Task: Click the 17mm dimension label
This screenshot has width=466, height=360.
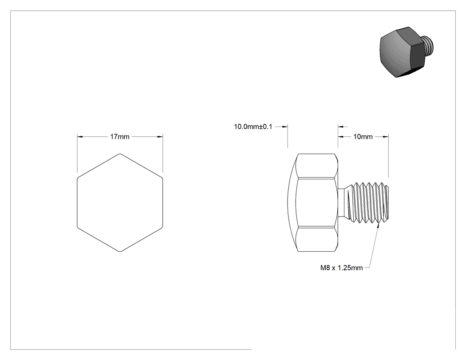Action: coord(120,137)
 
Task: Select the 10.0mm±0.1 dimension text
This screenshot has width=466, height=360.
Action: coord(253,127)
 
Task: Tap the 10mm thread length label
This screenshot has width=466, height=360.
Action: coord(363,137)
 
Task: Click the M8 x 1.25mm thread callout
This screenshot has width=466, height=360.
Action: coord(341,268)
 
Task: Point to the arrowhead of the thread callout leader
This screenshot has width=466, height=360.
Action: coord(378,226)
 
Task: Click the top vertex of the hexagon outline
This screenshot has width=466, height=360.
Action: coord(120,154)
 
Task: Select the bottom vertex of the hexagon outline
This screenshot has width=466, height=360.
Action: coord(120,252)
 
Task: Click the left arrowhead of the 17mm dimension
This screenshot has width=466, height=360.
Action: coord(79,137)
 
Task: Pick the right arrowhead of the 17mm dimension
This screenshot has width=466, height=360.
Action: coord(160,137)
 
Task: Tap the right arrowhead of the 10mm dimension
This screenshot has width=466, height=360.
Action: coord(386,137)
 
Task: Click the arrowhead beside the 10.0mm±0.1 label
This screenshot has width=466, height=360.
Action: coord(285,127)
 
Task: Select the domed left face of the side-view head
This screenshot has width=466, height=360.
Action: coord(292,202)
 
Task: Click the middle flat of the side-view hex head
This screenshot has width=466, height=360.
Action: coord(317,202)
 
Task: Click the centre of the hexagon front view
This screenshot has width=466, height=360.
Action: coord(120,202)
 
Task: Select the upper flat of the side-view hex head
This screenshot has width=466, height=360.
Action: coord(317,166)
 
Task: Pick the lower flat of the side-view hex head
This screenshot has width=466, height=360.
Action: coord(317,239)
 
